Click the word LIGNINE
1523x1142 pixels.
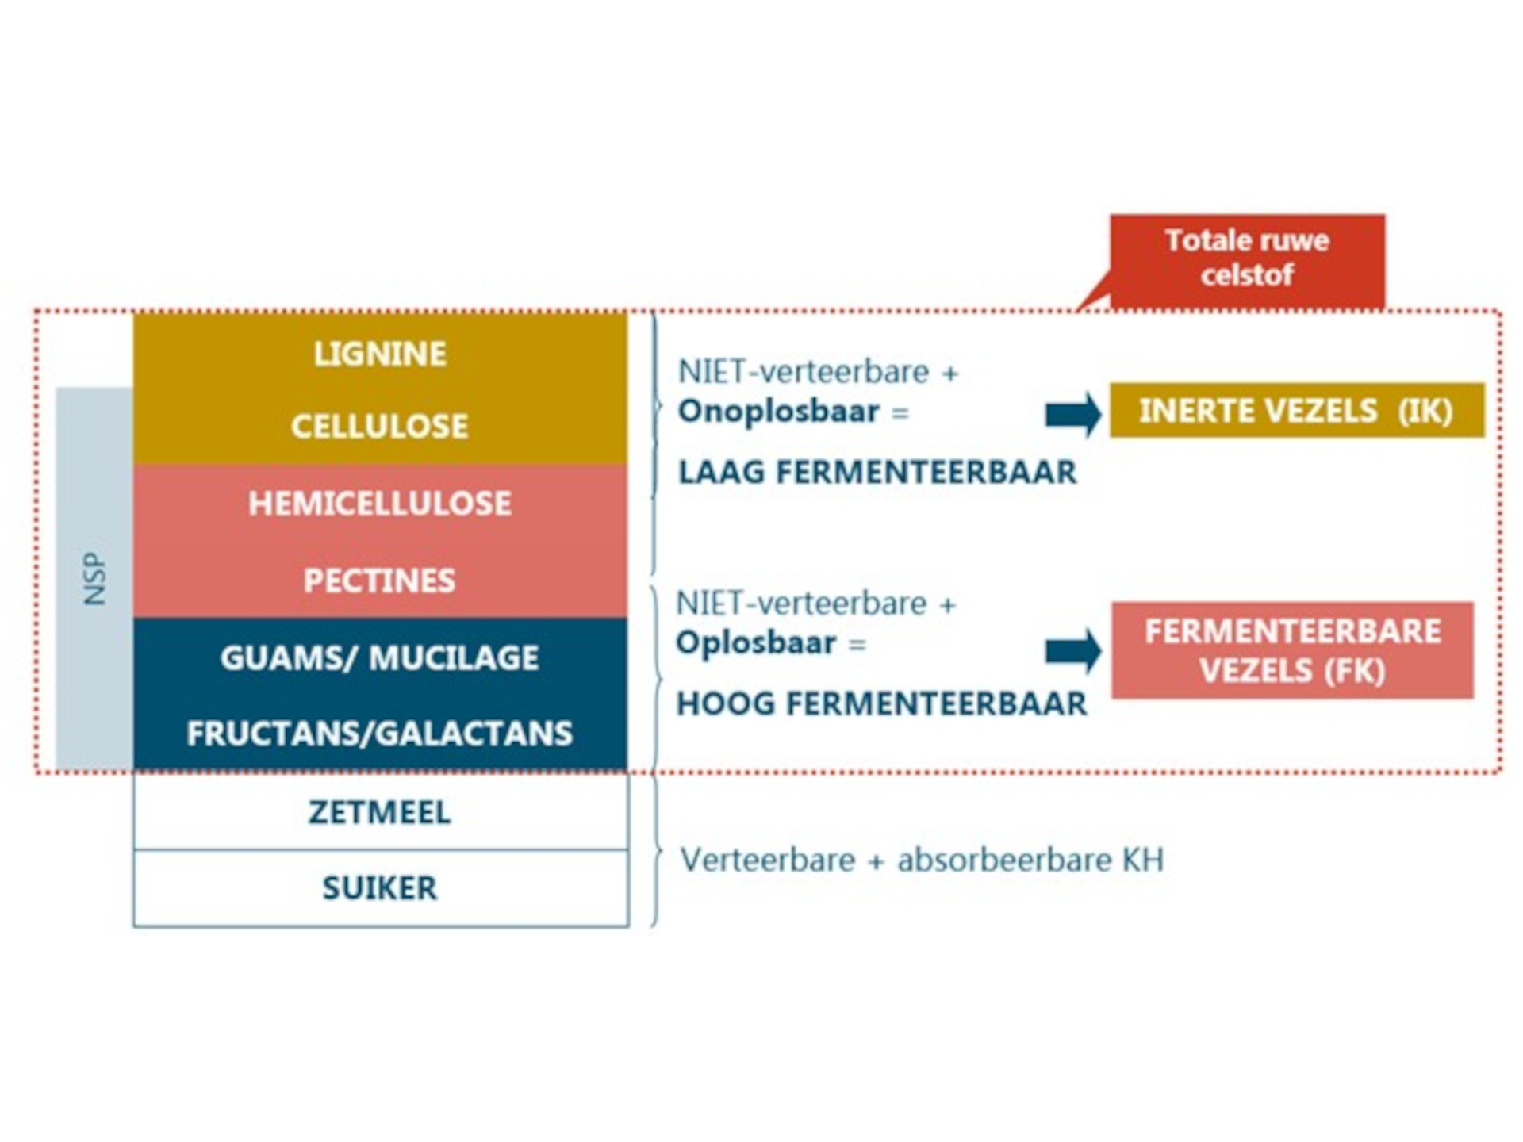click(x=380, y=354)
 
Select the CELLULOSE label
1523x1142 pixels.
click(x=380, y=427)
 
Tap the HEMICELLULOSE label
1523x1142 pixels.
click(x=380, y=504)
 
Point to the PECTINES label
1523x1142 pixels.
click(x=380, y=581)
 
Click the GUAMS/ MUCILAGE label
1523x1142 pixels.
click(x=380, y=658)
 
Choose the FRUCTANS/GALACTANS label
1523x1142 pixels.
click(x=380, y=734)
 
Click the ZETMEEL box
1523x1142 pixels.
click(x=380, y=812)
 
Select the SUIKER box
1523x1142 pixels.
click(x=380, y=888)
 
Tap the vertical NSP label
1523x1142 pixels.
click(x=94, y=579)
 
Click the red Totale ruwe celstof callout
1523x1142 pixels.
click(x=1247, y=259)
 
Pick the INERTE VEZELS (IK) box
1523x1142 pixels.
click(x=1296, y=411)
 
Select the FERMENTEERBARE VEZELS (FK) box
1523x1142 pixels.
click(x=1292, y=650)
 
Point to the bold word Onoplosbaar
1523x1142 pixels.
click(x=779, y=412)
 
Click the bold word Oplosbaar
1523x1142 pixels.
click(x=756, y=643)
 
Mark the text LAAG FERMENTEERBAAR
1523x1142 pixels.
click(x=877, y=473)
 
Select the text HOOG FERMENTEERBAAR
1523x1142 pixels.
click(x=881, y=704)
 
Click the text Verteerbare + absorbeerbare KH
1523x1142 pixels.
click(x=922, y=860)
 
